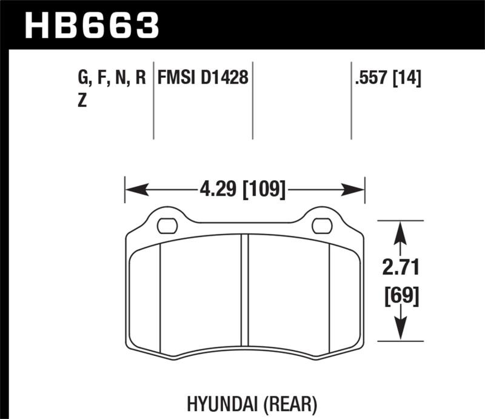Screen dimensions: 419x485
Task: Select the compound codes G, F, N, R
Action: point(113,78)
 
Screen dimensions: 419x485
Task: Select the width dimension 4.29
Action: point(218,189)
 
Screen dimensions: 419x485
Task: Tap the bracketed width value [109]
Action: point(264,189)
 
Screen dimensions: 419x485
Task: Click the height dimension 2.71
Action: point(400,267)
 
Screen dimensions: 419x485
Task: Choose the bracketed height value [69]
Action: point(400,297)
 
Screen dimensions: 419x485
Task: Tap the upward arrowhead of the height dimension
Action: point(400,234)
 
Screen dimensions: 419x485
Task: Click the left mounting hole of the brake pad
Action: point(167,226)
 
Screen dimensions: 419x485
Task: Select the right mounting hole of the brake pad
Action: point(321,226)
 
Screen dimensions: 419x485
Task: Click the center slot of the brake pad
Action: point(245,290)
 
